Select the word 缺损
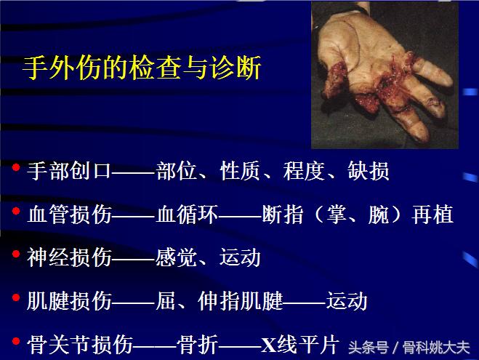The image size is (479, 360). (370, 171)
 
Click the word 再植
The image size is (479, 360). (433, 215)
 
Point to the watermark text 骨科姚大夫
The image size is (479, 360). (439, 346)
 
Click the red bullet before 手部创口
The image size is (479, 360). (15, 169)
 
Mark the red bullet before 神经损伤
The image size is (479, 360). (15, 255)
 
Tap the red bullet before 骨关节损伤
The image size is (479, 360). (15, 340)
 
